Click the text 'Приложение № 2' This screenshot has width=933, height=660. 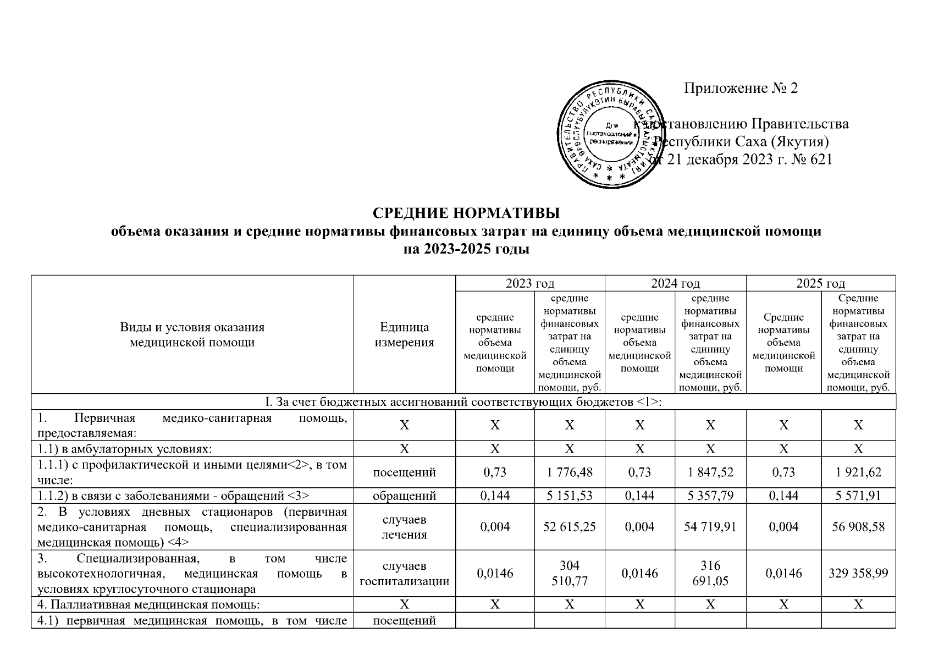tap(740, 88)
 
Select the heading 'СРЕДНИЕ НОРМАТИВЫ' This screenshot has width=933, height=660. tap(466, 213)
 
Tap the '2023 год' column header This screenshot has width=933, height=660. tap(529, 283)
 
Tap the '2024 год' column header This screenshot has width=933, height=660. tap(675, 283)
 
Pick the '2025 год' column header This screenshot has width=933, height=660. tap(820, 283)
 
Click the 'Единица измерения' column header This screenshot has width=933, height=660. tap(404, 334)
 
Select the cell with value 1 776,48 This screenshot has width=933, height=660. tap(569, 472)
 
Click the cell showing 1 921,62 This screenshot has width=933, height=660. tap(858, 472)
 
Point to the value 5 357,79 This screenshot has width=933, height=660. tap(710, 496)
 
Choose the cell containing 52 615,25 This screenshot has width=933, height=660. tap(569, 527)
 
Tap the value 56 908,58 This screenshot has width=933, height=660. tap(858, 527)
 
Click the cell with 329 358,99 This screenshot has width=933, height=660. tap(858, 573)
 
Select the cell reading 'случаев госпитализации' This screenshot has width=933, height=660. tap(404, 573)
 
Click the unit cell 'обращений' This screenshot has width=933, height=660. tap(404, 496)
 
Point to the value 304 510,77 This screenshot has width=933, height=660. tap(569, 573)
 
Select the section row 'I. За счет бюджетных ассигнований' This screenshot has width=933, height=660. tap(463, 402)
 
